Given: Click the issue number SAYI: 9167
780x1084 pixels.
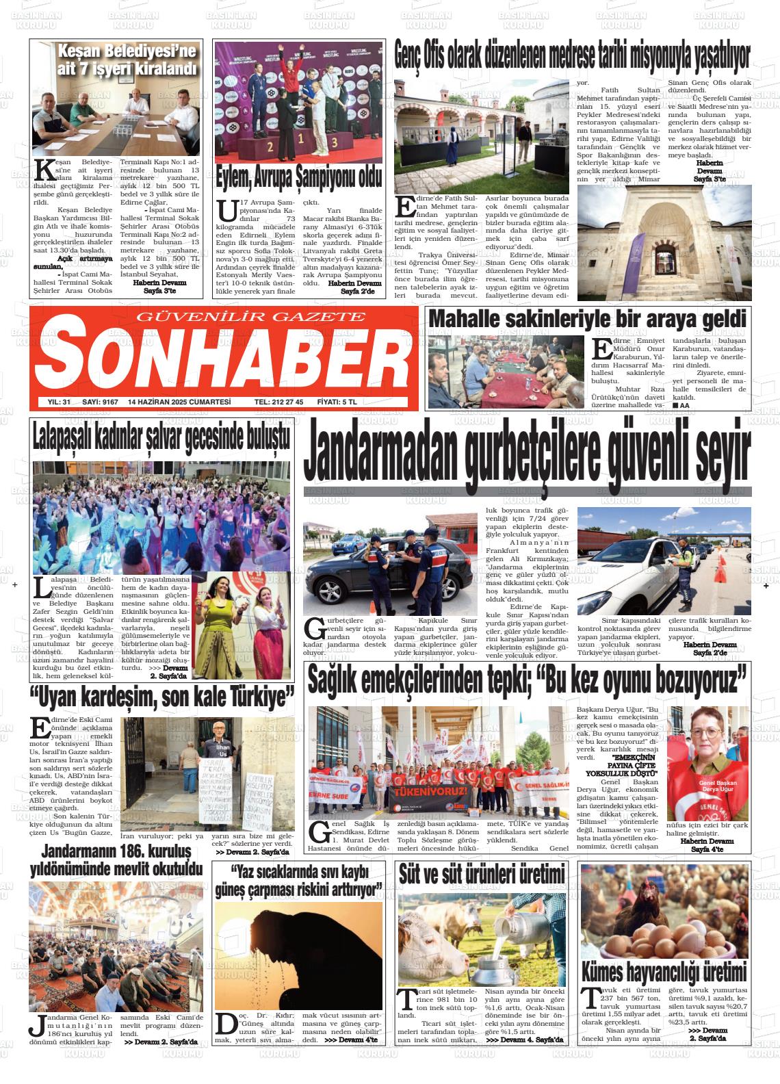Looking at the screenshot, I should click(x=99, y=402).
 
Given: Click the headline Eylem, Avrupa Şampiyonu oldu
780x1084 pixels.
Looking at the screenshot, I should click(x=298, y=178).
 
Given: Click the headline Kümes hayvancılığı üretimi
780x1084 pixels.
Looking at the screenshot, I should click(x=663, y=972).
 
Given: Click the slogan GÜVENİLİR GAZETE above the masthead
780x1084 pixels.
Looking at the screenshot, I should click(x=251, y=316).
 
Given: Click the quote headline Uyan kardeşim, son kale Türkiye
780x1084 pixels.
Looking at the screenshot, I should click(x=161, y=698).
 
